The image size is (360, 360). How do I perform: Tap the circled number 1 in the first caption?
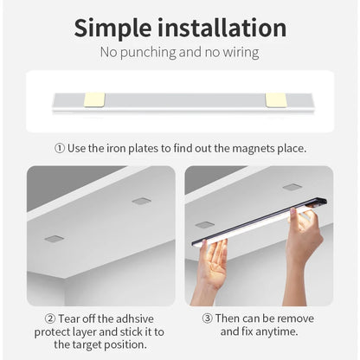(x=60, y=148)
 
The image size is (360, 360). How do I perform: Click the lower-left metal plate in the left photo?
(x=54, y=238)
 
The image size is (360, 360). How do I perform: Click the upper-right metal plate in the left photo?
(x=141, y=201)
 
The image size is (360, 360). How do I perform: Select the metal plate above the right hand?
(x=292, y=186)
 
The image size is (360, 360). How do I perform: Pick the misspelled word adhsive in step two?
(x=133, y=318)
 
